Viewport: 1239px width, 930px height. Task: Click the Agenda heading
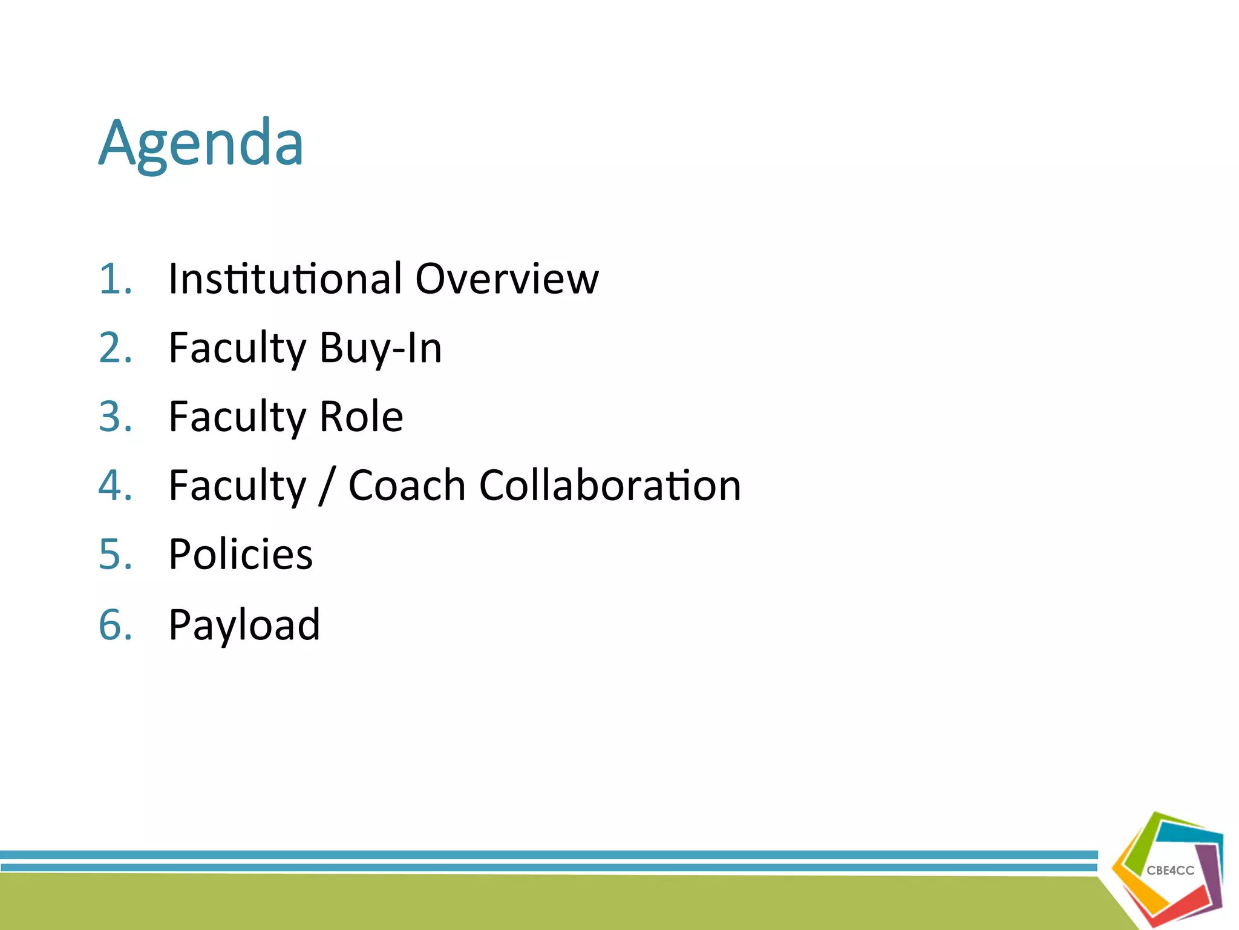click(201, 144)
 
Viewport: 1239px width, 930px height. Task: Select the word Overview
click(507, 279)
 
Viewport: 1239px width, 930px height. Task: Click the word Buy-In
click(381, 349)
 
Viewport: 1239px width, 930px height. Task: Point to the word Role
click(361, 417)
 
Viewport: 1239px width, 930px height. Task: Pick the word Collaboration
click(610, 486)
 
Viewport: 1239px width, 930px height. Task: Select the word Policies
click(241, 555)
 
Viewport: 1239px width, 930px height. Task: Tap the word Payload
click(244, 625)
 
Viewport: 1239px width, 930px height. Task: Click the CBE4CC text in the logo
click(1170, 871)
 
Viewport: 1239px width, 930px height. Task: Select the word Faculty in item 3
click(238, 417)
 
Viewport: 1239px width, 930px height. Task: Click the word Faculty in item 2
click(238, 349)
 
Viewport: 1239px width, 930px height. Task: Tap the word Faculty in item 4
click(238, 486)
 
